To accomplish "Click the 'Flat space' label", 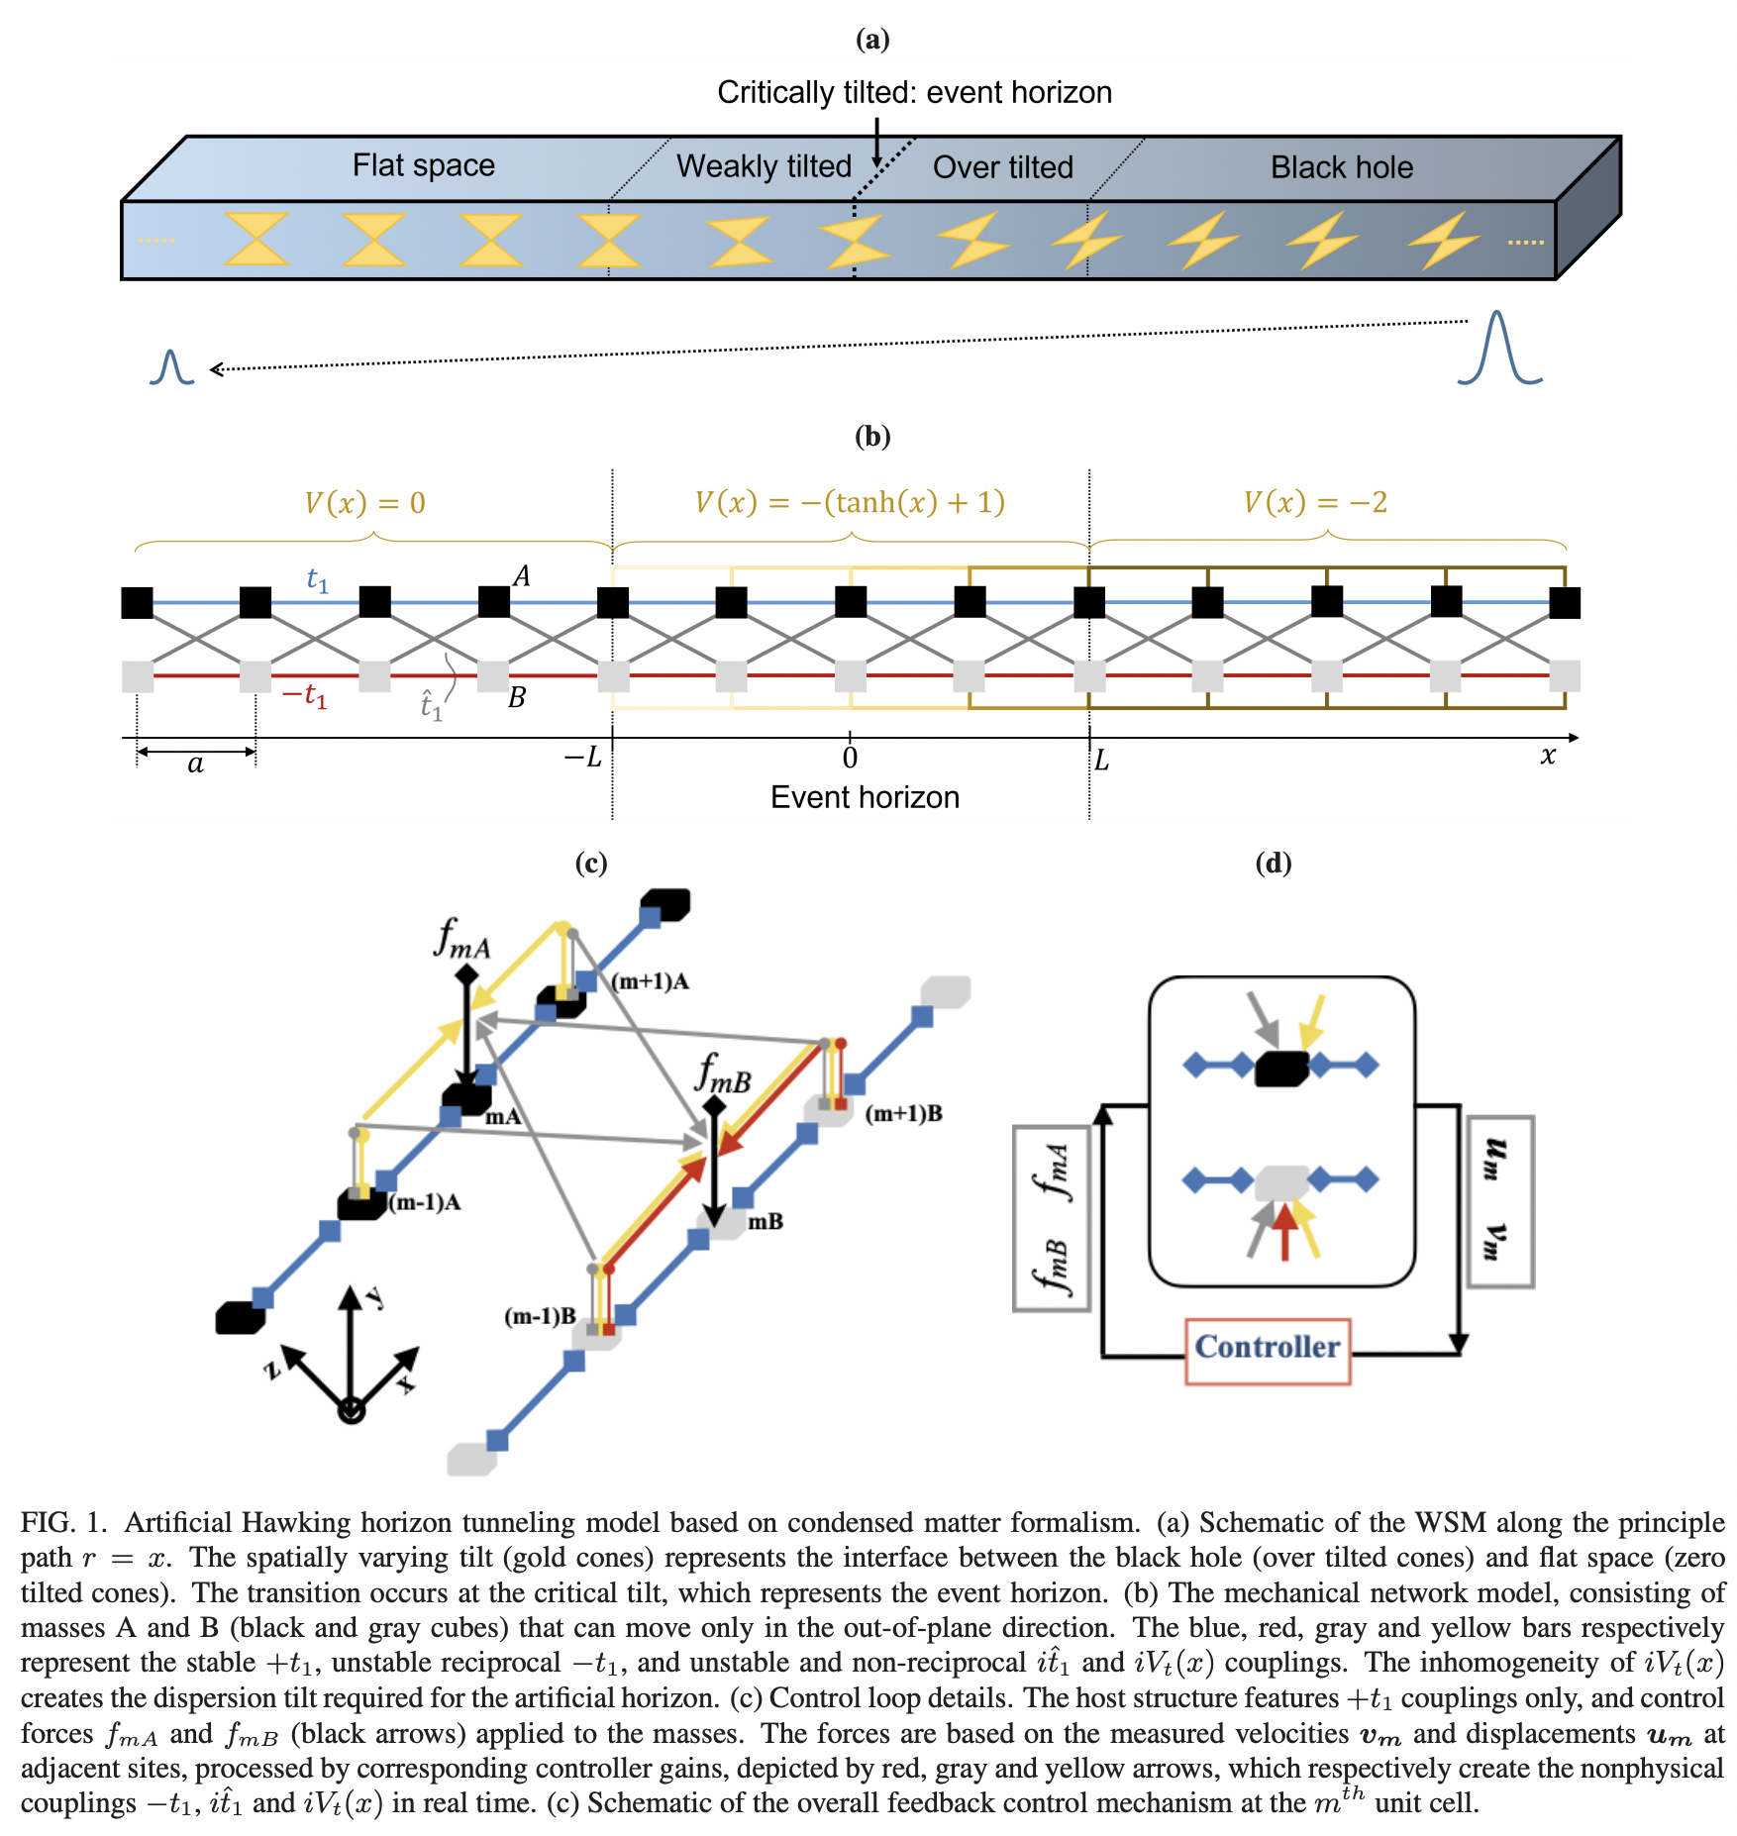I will click(x=423, y=164).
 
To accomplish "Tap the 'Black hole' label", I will click(x=1341, y=166).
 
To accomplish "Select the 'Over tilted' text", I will click(x=1002, y=166).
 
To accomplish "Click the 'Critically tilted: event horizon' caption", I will click(x=913, y=92).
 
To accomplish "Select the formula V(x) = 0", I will click(x=364, y=503).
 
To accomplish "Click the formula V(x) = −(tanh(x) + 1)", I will click(x=849, y=502).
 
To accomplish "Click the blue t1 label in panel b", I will click(x=317, y=579).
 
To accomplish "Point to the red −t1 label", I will click(x=304, y=695).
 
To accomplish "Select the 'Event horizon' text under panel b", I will click(x=864, y=797).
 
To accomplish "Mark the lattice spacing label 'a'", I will click(x=195, y=764).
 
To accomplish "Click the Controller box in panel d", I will click(x=1267, y=1348).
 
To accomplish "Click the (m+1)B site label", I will click(x=903, y=1113).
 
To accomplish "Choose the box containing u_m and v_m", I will click(x=1498, y=1200).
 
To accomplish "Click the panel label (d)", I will click(x=1273, y=863).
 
